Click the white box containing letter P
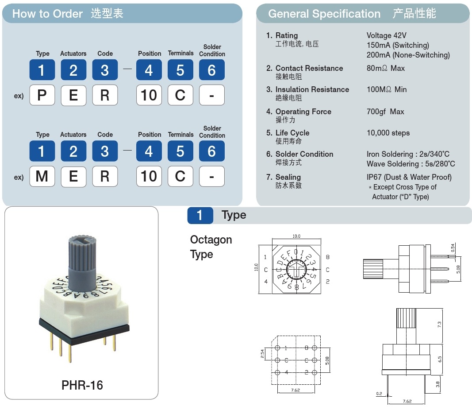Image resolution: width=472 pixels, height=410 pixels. click(x=42, y=95)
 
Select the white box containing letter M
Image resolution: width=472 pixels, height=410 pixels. click(x=42, y=176)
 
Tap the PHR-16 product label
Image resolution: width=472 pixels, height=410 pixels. click(x=82, y=385)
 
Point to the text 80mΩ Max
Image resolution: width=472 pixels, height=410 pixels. click(x=385, y=68)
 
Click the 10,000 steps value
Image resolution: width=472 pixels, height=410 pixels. click(x=388, y=133)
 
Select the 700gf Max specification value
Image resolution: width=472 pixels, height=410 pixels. click(x=385, y=112)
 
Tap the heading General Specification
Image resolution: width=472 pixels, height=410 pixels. click(x=324, y=14)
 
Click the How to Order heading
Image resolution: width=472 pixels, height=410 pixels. click(x=47, y=14)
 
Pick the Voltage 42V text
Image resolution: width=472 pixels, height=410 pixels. click(x=386, y=35)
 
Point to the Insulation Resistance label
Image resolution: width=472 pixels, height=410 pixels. click(x=312, y=89)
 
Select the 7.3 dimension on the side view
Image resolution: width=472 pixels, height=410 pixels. click(x=439, y=324)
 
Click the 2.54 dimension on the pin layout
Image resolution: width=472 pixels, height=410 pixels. click(x=262, y=353)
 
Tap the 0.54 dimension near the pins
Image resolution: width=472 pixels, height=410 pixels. click(x=453, y=248)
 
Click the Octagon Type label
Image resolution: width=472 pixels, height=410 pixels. click(x=211, y=247)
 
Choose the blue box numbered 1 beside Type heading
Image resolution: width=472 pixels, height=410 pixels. click(x=200, y=215)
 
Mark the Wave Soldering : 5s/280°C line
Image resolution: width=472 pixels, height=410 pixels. click(x=411, y=164)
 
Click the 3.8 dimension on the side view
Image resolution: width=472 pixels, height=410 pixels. click(x=438, y=385)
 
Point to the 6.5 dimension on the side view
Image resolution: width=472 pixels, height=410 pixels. click(x=439, y=359)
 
